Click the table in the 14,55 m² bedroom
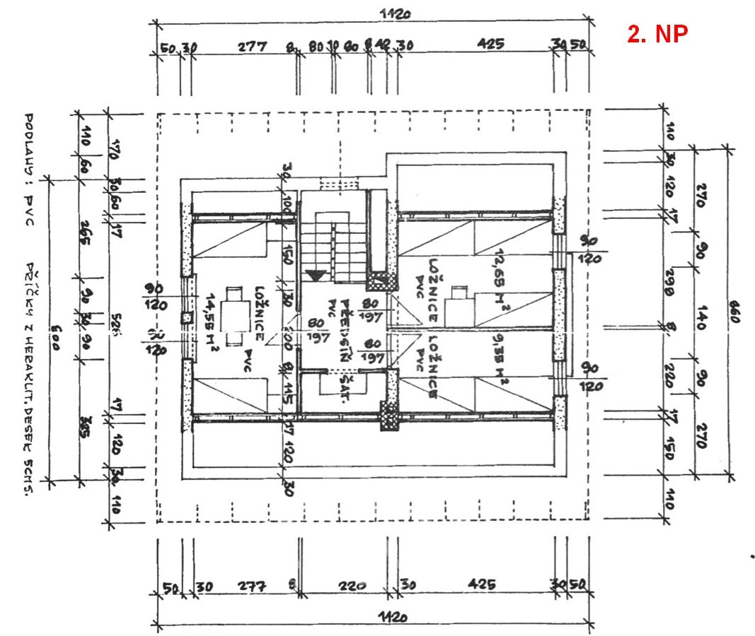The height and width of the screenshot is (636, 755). [x=232, y=312]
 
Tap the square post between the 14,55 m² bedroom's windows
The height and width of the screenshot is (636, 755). [x=187, y=318]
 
